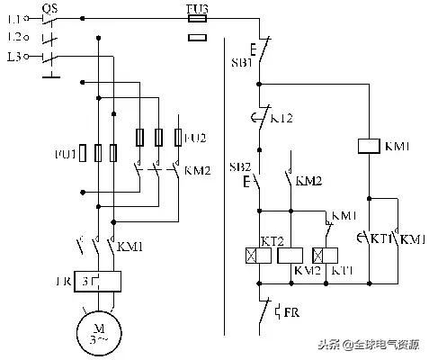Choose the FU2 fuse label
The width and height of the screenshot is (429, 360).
point(197,137)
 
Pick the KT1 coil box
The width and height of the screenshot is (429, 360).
point(320,255)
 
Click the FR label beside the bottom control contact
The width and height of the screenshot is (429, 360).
point(291,312)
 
